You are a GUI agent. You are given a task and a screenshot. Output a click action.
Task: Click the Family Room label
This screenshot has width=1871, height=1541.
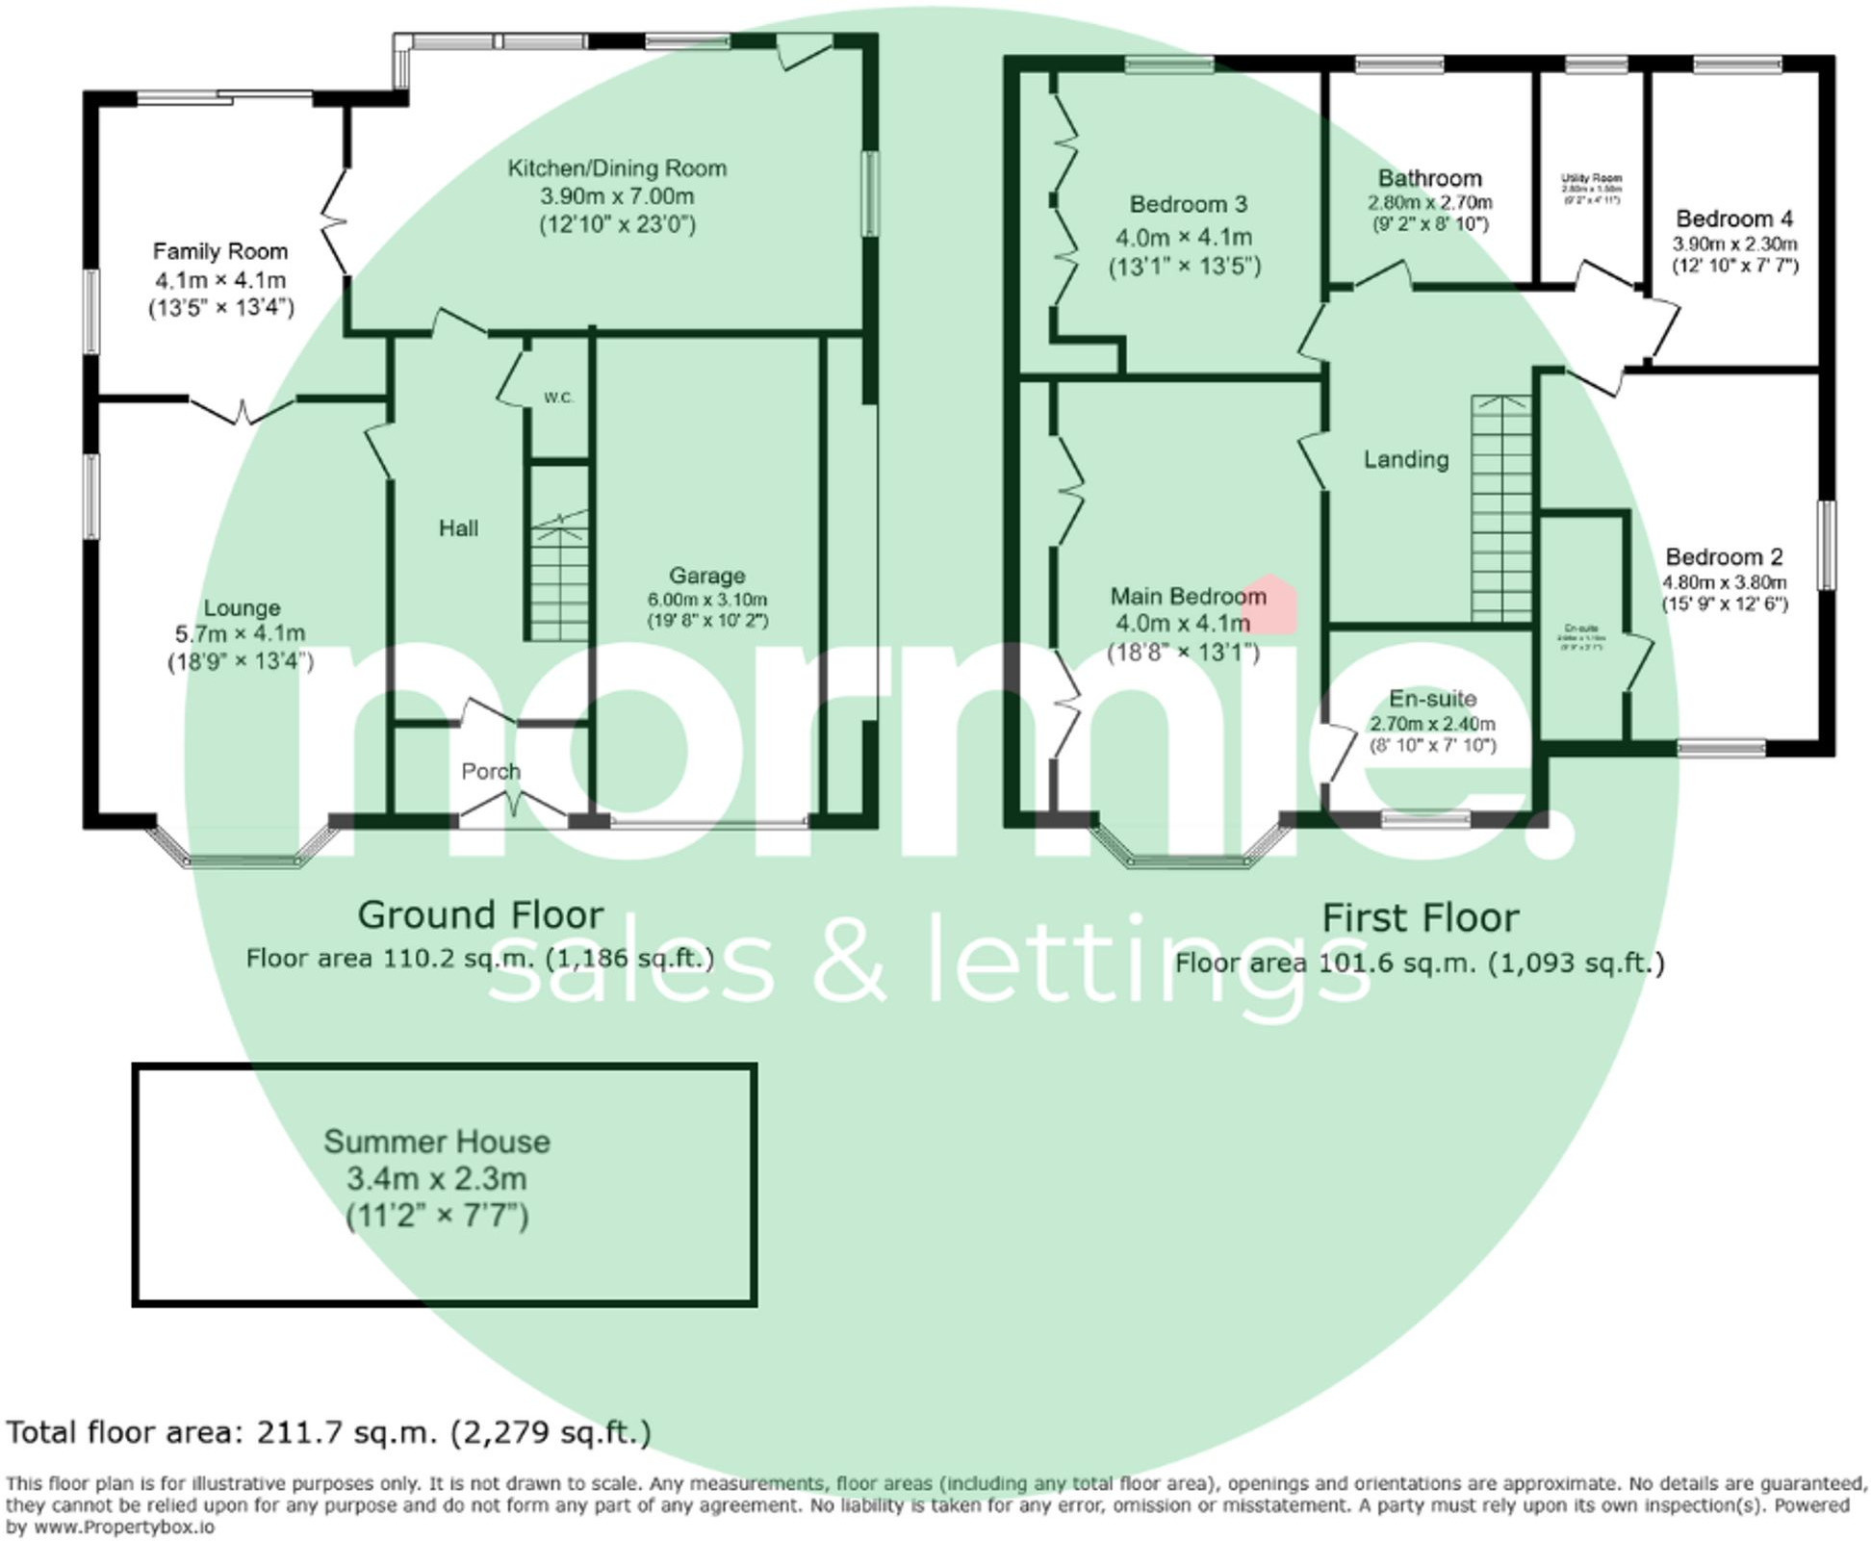pos(220,251)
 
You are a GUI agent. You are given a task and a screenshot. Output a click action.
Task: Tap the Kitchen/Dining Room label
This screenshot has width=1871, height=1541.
pos(617,168)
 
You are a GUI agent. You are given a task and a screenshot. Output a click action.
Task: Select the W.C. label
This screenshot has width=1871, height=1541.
pos(558,398)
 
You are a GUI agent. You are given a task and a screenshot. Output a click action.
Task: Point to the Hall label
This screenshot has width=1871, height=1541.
pos(458,527)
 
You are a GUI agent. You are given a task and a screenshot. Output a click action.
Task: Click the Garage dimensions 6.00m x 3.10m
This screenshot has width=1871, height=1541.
pos(707,600)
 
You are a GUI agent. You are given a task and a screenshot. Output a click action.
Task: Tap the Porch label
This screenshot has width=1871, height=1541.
pos(491,771)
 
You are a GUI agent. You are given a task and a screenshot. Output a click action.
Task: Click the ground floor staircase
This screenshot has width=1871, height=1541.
pos(558,582)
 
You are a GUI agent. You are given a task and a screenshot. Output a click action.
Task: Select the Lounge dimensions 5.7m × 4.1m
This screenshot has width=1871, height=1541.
pos(241,633)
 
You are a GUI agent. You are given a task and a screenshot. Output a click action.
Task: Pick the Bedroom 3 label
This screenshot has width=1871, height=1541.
pos(1188,204)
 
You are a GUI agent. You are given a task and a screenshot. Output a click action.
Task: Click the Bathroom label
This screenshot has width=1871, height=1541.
pos(1429,178)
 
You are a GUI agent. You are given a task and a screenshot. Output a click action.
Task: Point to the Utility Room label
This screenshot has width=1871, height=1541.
pos(1591,178)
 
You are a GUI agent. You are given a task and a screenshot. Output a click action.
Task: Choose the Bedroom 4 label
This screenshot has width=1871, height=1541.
pos(1734,218)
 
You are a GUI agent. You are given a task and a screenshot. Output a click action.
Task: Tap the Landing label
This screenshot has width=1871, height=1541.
pos(1405,459)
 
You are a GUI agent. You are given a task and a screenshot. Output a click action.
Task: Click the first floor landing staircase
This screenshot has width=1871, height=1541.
pos(1500,510)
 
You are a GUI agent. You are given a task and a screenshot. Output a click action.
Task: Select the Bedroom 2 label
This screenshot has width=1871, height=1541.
pos(1724,556)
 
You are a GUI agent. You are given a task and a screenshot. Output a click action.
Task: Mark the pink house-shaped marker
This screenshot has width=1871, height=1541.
pos(1270,604)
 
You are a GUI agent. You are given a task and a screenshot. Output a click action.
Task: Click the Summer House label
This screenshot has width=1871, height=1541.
pos(437,1142)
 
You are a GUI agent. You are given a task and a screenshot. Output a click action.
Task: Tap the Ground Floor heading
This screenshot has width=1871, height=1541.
pos(480,914)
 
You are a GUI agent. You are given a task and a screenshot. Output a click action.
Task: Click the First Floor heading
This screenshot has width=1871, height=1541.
pos(1420,918)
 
